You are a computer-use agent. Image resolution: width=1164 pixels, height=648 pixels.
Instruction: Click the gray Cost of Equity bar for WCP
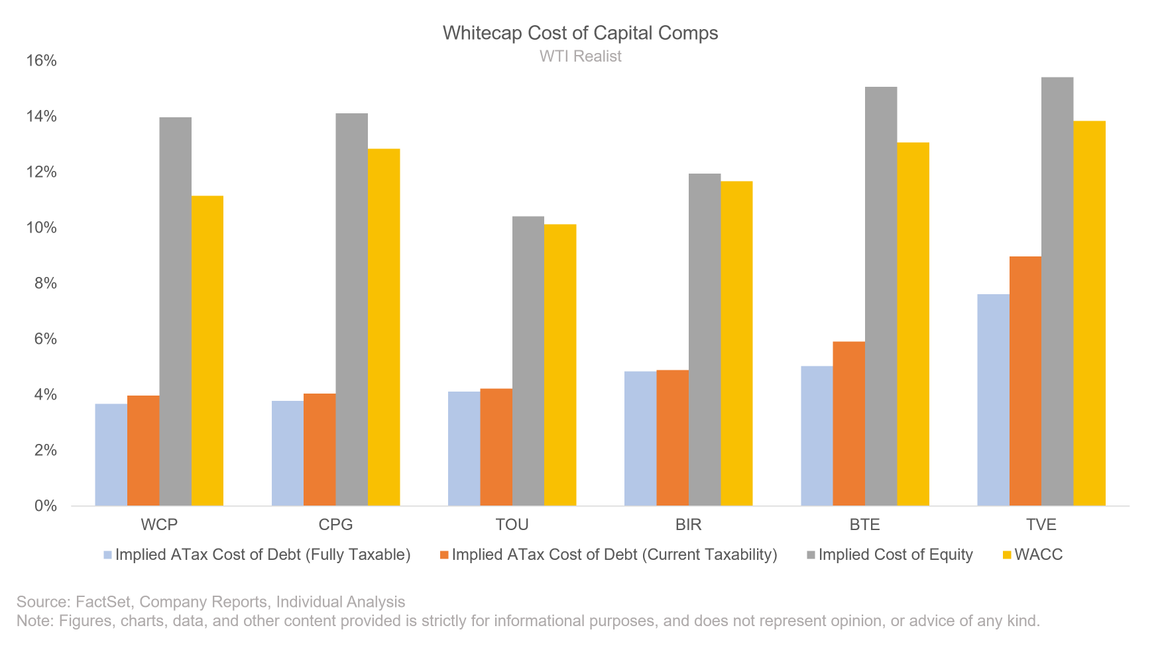(175, 311)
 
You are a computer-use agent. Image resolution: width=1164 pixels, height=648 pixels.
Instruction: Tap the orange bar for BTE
(848, 424)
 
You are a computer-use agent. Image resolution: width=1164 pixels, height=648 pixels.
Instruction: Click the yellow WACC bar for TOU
(560, 365)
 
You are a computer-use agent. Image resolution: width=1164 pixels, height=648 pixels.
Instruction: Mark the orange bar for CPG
(320, 450)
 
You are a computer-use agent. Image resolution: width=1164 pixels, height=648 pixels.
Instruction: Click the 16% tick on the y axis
(41, 61)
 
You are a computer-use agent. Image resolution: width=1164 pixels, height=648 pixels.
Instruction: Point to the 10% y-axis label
(41, 228)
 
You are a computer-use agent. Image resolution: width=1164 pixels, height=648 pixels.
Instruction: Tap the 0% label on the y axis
(45, 506)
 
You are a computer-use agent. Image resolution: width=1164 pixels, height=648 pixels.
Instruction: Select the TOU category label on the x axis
(512, 525)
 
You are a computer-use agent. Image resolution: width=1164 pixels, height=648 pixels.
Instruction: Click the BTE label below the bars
(864, 525)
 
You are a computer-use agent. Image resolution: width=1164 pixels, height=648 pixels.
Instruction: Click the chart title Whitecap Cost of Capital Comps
(580, 33)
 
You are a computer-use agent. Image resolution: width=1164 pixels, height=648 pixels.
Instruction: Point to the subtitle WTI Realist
(580, 56)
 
